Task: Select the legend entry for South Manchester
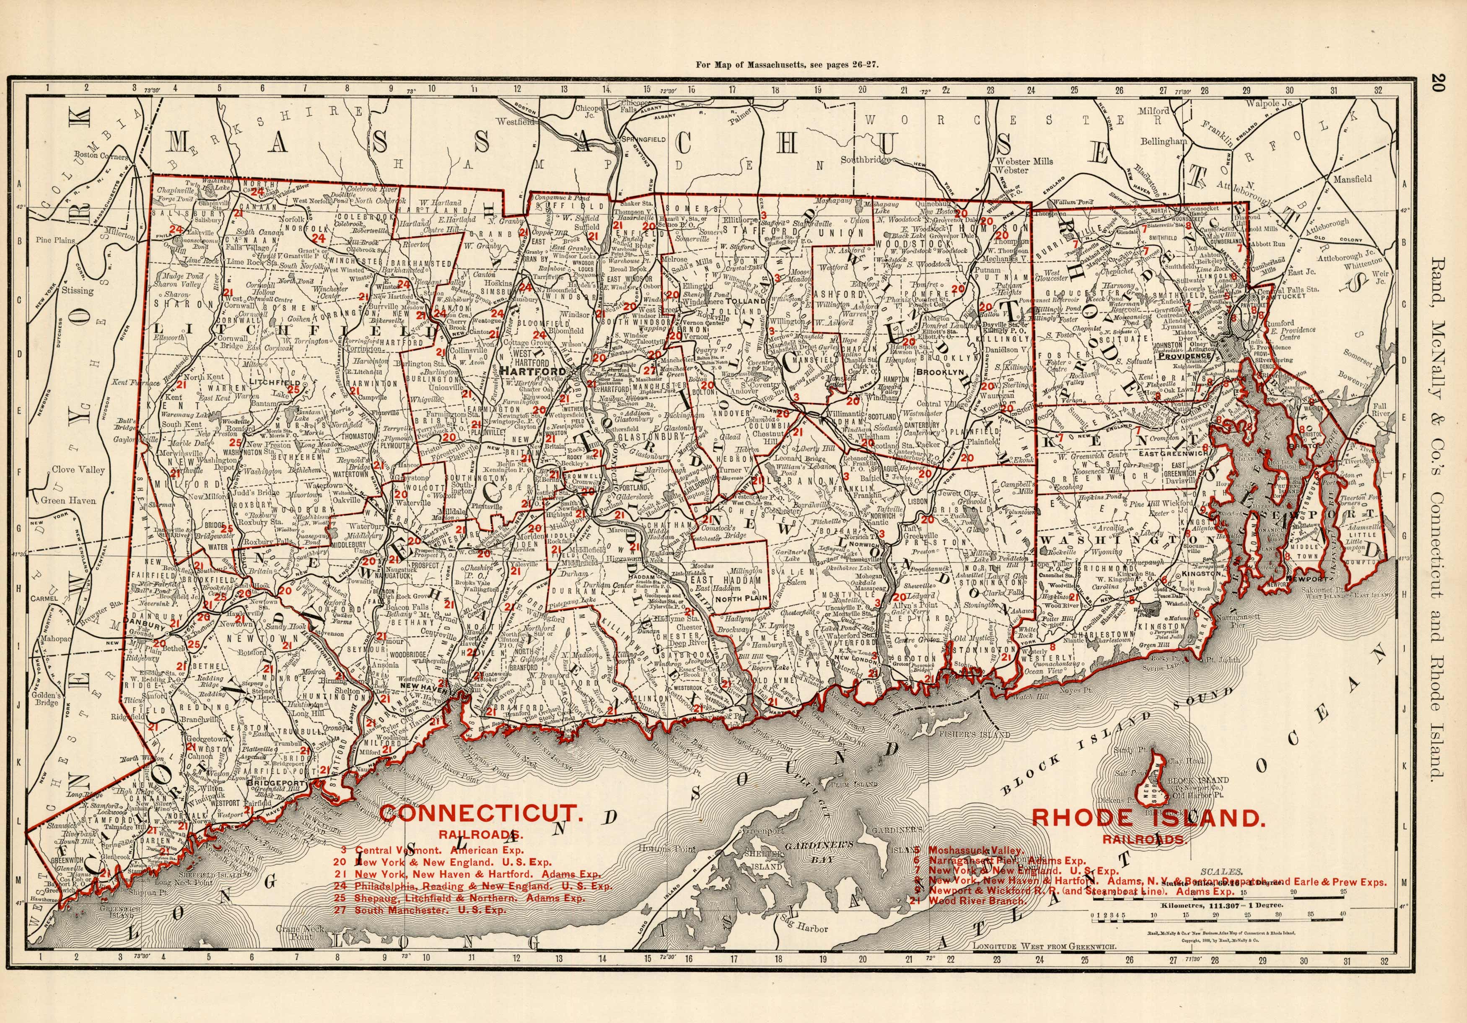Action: click(x=429, y=910)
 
